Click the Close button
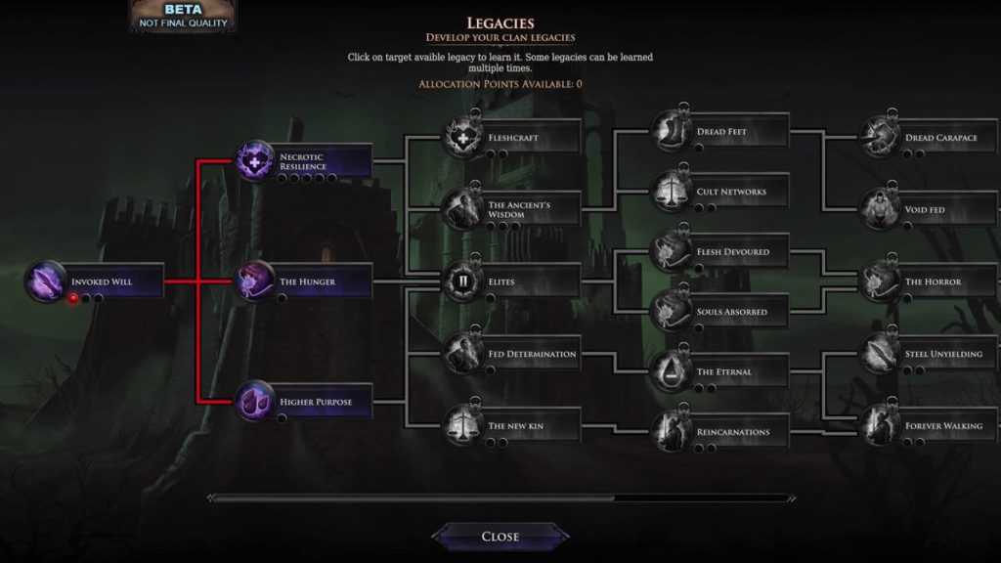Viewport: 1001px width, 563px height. pyautogui.click(x=500, y=537)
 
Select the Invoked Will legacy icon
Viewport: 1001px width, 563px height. pyautogui.click(x=46, y=281)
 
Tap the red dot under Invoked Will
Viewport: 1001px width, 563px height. pyautogui.click(x=73, y=298)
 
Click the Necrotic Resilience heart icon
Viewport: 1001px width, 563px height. pyautogui.click(x=255, y=161)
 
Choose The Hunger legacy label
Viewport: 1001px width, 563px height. pyautogui.click(x=307, y=281)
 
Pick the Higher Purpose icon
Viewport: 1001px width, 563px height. pyautogui.click(x=255, y=402)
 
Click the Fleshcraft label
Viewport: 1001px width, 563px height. pyautogui.click(x=513, y=137)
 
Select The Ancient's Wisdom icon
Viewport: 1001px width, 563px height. pyautogui.click(x=462, y=209)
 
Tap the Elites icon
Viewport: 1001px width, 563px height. pyautogui.click(x=462, y=281)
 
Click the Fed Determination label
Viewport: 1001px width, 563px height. pyautogui.click(x=532, y=354)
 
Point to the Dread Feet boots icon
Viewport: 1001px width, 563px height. pyautogui.click(x=671, y=132)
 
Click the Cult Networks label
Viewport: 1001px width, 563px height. pyautogui.click(x=731, y=192)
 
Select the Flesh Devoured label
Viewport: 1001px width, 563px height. pyautogui.click(x=733, y=251)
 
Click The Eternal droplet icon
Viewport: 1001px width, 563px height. pyautogui.click(x=671, y=371)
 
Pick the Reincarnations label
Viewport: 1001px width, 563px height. pyautogui.click(x=733, y=432)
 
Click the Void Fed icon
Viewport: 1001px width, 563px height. pyautogui.click(x=880, y=209)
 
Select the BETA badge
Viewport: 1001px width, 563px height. pyautogui.click(x=183, y=16)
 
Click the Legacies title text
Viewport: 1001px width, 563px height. pyautogui.click(x=500, y=23)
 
